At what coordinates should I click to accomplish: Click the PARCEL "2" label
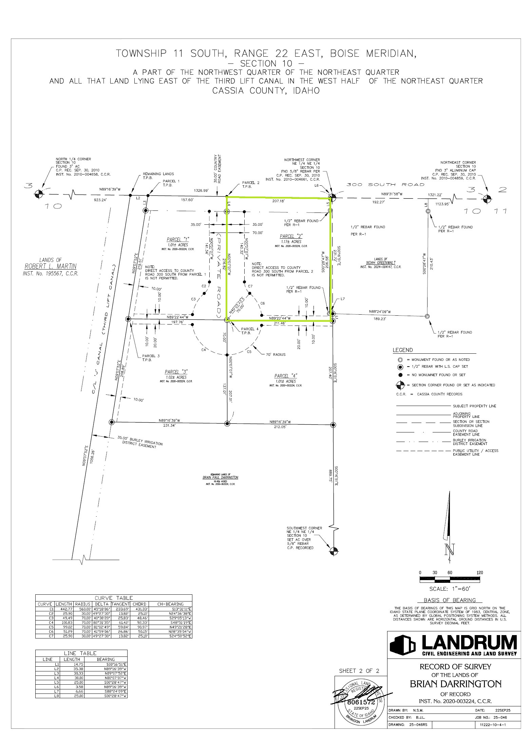[291, 236]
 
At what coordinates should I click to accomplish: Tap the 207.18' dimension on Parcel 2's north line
[280, 201]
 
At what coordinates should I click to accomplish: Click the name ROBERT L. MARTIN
[51, 266]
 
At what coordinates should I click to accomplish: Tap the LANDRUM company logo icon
[402, 644]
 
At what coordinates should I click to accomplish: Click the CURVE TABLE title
[114, 598]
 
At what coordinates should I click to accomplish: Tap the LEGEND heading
[403, 350]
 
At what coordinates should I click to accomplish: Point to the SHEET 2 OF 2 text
[359, 671]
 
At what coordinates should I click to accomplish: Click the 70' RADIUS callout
[276, 354]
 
